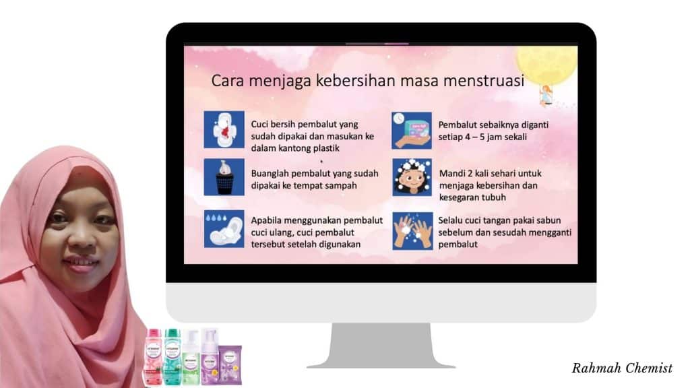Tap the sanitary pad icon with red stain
(x=224, y=130)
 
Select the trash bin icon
(x=224, y=176)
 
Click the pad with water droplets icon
(x=224, y=228)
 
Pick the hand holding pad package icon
(x=412, y=130)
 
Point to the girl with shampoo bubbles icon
(x=412, y=176)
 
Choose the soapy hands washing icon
(x=412, y=228)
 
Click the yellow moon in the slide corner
(x=546, y=64)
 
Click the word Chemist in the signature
(x=646, y=368)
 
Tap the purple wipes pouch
(x=230, y=364)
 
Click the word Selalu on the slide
(x=452, y=220)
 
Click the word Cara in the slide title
(x=228, y=81)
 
